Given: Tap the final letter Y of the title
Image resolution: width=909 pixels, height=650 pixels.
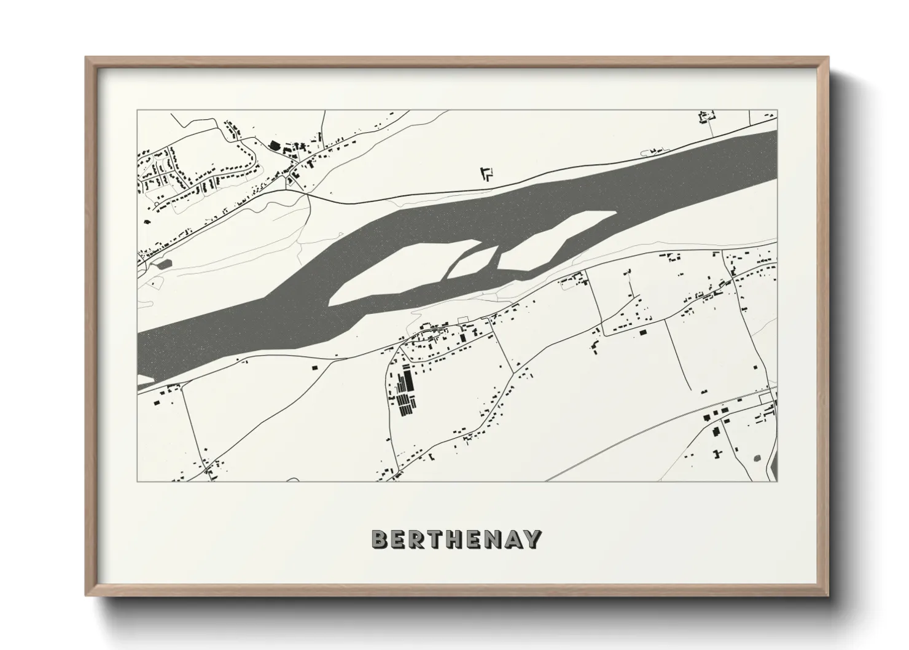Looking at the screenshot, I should click(533, 539).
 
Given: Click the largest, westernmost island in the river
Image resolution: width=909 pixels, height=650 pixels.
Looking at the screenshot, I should click(399, 270).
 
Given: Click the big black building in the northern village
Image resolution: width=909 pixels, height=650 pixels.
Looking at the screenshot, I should click(274, 145).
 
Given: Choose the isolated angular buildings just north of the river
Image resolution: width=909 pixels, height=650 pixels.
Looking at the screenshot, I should click(486, 174).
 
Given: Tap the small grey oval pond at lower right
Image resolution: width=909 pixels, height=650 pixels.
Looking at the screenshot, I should click(755, 458).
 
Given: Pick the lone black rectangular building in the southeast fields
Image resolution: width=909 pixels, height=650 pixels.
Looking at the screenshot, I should click(643, 332).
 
